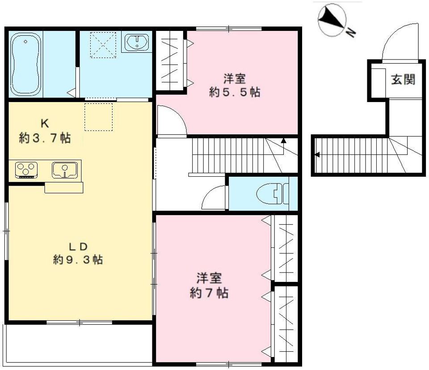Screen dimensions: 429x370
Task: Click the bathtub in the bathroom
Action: pos(26,64)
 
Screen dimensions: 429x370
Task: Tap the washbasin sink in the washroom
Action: pos(137,42)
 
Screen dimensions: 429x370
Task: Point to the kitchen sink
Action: pos(65,170)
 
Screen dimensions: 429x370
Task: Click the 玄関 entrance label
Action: pos(403,80)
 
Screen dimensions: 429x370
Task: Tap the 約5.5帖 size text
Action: pos(235,93)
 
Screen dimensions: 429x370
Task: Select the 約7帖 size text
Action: pos(209,293)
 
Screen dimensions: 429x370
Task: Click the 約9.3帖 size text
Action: pos(78,259)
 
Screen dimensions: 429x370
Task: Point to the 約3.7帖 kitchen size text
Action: pos(45,138)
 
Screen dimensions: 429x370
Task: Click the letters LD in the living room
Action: pos(78,247)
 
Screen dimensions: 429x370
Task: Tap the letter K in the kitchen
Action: pos(45,123)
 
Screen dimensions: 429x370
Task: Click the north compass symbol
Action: pos(332,19)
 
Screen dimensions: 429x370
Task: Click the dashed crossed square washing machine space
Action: pos(103,45)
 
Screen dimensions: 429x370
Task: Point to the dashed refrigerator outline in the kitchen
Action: pos(98,117)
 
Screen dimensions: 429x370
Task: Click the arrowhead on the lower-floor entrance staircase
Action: pos(317,155)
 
